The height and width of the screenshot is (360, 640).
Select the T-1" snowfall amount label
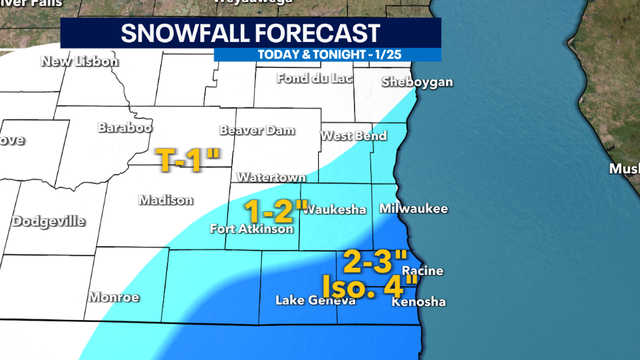click(x=190, y=156)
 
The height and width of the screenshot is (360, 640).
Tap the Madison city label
click(x=165, y=200)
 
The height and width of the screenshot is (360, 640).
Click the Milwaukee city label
click(x=413, y=208)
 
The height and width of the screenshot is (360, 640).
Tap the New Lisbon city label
click(x=79, y=62)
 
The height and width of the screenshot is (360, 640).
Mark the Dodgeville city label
click(x=49, y=221)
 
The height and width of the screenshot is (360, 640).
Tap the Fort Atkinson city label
click(x=251, y=230)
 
